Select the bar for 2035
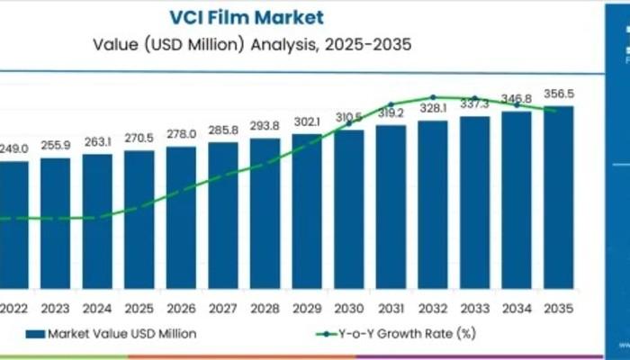coord(559,198)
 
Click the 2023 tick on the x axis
coord(55,307)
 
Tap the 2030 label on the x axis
coord(348,307)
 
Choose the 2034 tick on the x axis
coord(517,307)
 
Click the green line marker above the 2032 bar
coord(433,97)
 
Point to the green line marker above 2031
coord(391,104)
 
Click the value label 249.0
coord(13,148)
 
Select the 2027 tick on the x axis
coord(223,307)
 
